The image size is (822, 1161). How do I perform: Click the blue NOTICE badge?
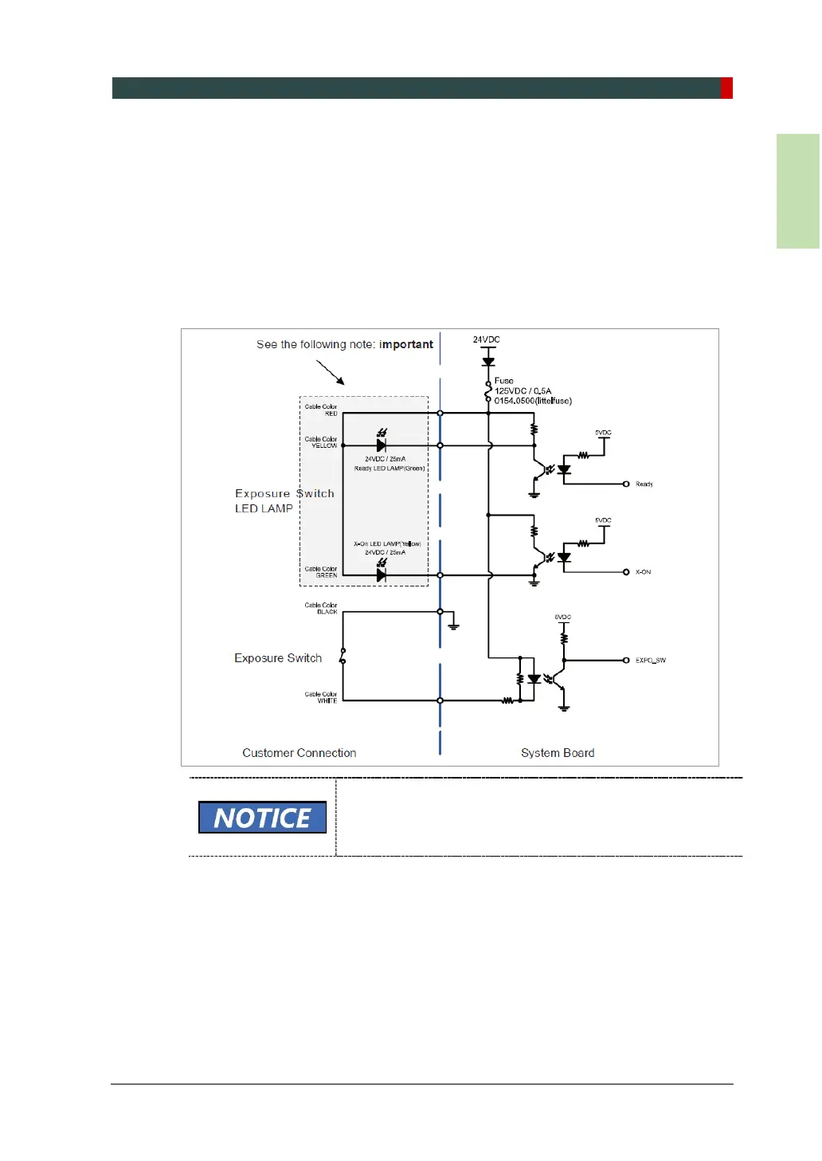262,818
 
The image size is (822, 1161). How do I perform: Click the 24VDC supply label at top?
486,339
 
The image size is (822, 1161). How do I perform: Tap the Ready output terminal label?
644,484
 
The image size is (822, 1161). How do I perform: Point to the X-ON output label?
643,572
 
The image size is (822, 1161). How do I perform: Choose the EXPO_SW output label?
650,661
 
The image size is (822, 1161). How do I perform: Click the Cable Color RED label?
321,410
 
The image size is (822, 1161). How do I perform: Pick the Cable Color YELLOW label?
321,442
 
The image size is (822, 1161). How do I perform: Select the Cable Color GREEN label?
321,572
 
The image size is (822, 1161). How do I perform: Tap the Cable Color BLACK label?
321,609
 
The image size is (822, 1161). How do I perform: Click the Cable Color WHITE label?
321,697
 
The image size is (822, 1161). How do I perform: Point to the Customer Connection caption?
299,753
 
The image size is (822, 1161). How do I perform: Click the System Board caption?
558,753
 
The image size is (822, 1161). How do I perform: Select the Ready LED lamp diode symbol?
382,445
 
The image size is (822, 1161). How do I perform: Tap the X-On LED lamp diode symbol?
382,574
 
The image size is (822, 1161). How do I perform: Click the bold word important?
406,344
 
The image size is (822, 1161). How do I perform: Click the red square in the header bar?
726,88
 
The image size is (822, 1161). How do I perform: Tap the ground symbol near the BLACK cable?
453,626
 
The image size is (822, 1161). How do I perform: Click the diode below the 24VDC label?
488,362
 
